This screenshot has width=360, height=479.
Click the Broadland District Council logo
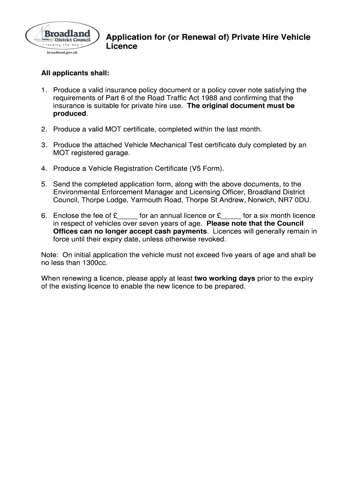[x=63, y=40]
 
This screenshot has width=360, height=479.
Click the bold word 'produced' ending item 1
[x=70, y=114]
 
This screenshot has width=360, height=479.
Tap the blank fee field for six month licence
[x=231, y=216]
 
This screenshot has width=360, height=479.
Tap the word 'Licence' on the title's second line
[x=122, y=47]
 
